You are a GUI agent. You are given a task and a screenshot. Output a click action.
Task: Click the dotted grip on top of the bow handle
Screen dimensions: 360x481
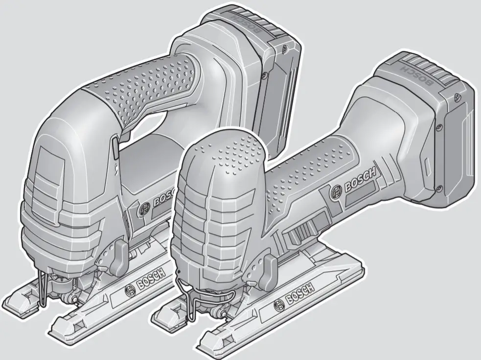(147, 86)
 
